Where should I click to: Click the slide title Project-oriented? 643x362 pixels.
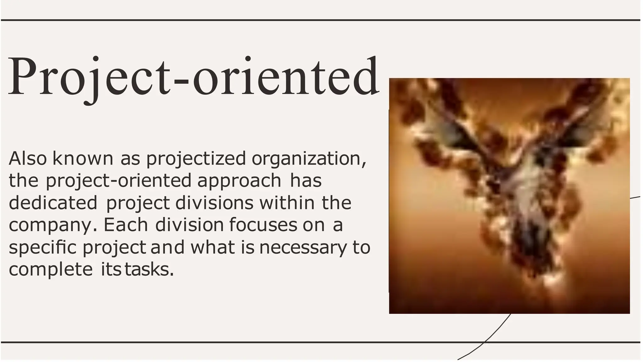pos(193,77)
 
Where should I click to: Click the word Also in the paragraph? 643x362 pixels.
pos(28,158)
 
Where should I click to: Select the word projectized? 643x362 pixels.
pos(196,159)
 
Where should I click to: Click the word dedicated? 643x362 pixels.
pos(53,203)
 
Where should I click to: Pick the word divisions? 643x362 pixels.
pos(214,203)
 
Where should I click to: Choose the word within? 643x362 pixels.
pos(287,203)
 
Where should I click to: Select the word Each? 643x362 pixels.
pos(126,225)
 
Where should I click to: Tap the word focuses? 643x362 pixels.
pos(263,225)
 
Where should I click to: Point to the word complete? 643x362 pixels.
pos(51,270)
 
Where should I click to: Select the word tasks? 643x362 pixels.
pos(149,270)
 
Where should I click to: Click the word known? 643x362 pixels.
pos(83,158)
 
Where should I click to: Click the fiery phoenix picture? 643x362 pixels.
pos(509,196)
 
